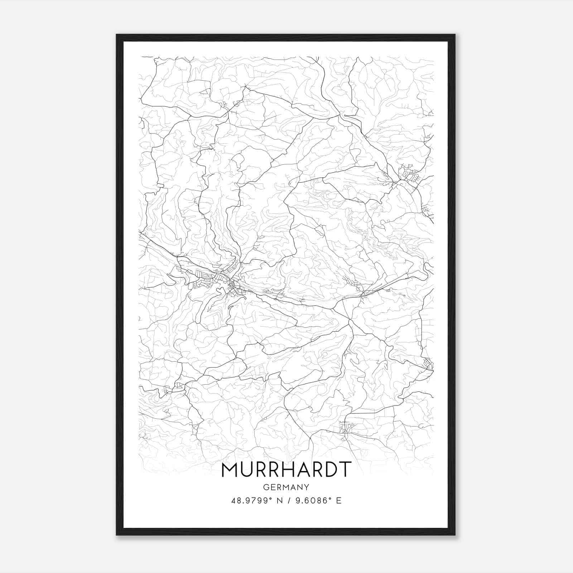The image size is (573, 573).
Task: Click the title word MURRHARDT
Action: click(286, 470)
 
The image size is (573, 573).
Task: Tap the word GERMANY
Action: click(286, 487)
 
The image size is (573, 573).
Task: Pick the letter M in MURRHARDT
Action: click(230, 470)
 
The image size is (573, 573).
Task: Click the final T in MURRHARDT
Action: click(345, 470)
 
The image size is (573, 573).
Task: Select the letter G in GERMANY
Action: click(265, 487)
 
